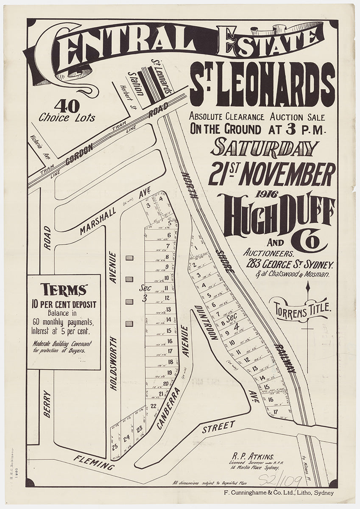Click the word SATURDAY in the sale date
(266, 148)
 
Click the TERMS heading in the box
(64, 290)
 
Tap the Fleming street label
(94, 461)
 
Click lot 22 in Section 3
(153, 406)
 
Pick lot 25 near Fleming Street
(114, 446)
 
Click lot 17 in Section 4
(276, 411)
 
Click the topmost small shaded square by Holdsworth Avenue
(130, 257)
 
